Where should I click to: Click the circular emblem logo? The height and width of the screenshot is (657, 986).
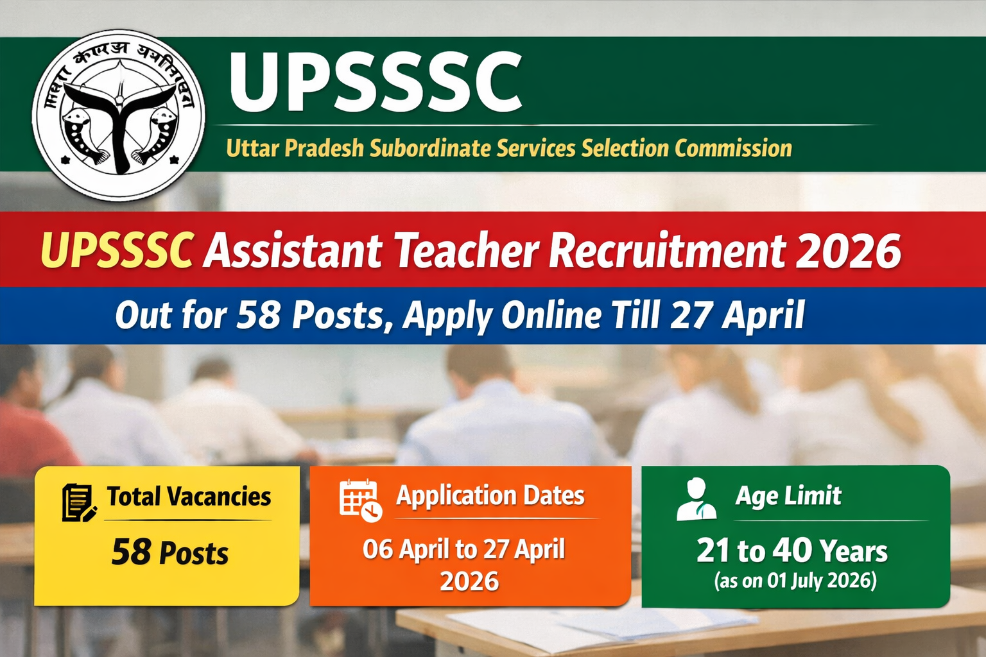click(118, 115)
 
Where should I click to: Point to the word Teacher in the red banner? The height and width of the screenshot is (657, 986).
click(467, 250)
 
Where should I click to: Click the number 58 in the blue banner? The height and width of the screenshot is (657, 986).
click(259, 316)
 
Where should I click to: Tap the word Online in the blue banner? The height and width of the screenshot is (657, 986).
click(551, 316)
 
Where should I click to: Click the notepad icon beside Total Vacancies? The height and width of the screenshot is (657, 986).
click(79, 502)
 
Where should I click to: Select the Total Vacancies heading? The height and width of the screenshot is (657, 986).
click(189, 497)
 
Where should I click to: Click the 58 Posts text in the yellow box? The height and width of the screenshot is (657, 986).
click(169, 552)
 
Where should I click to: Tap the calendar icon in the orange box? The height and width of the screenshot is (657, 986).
click(359, 499)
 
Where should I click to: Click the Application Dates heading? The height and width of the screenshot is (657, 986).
click(490, 496)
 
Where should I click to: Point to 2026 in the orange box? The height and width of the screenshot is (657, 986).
click(469, 582)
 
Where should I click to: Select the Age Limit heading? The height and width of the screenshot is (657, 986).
click(788, 496)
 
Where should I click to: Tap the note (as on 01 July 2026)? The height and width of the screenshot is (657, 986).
click(795, 581)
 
